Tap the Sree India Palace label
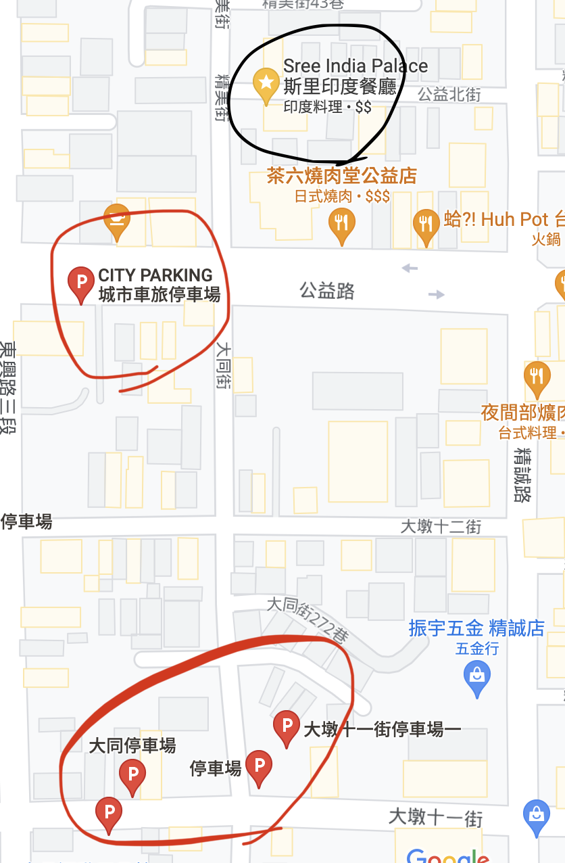[x=355, y=66]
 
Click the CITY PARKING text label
[x=155, y=275]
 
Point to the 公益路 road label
[x=327, y=291]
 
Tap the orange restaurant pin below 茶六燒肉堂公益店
[x=342, y=223]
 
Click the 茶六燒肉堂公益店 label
[x=342, y=177]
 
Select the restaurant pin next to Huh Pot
[x=425, y=223]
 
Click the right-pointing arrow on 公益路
[x=437, y=294]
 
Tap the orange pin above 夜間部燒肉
[x=537, y=376]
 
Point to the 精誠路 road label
[x=522, y=473]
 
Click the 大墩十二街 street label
[x=441, y=526]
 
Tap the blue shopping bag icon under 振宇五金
[x=477, y=676]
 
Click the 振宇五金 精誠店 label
[x=476, y=628]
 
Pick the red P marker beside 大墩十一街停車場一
[x=287, y=726]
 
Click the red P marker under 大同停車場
[x=132, y=774]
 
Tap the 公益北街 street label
[x=449, y=95]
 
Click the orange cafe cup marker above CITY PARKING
[x=118, y=219]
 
